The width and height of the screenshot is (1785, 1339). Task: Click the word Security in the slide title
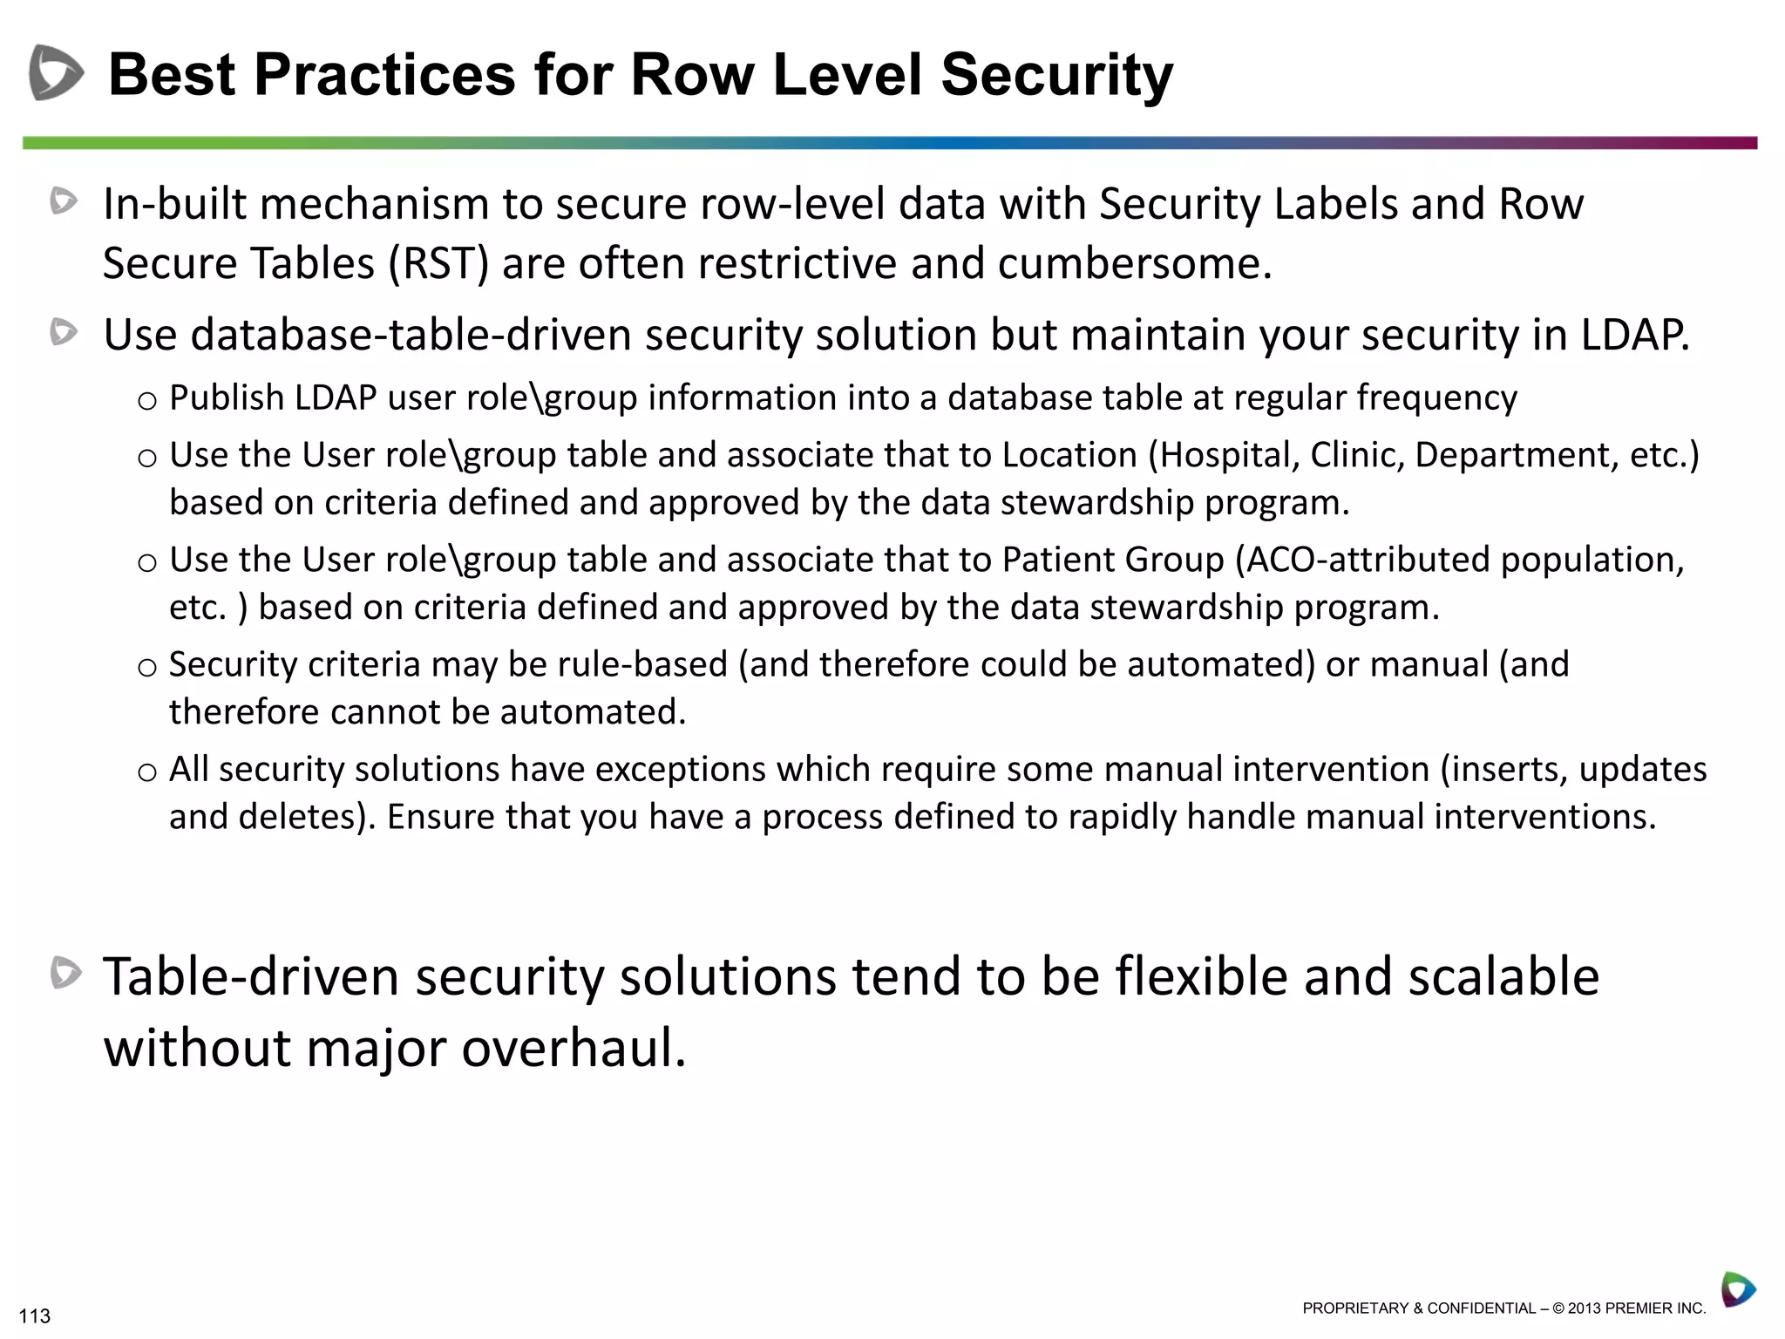click(1056, 74)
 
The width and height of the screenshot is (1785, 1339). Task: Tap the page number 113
click(35, 1315)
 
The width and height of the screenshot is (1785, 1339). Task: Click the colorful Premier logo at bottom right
click(1738, 1288)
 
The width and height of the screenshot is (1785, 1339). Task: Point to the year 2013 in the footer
click(1584, 1308)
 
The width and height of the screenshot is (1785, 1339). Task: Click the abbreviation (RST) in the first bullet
click(439, 263)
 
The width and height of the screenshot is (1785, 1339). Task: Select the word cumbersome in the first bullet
click(1133, 263)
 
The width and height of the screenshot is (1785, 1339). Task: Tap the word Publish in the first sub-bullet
click(227, 398)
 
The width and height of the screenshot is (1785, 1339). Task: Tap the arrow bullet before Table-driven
click(65, 973)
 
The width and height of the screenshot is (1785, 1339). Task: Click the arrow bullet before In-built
click(64, 201)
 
